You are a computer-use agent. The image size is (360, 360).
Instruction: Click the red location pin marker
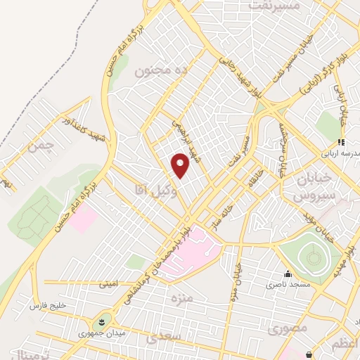181,165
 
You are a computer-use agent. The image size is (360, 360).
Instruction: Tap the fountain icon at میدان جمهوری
104,322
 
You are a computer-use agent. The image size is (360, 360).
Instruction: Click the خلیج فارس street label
47,307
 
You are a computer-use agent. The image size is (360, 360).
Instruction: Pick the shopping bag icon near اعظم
310,354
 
